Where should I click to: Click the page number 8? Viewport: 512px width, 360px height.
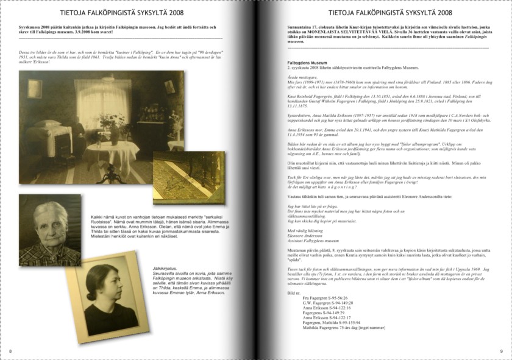10,351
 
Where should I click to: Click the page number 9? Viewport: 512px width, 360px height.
501,351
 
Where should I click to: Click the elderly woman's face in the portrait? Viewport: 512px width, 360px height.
51,219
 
